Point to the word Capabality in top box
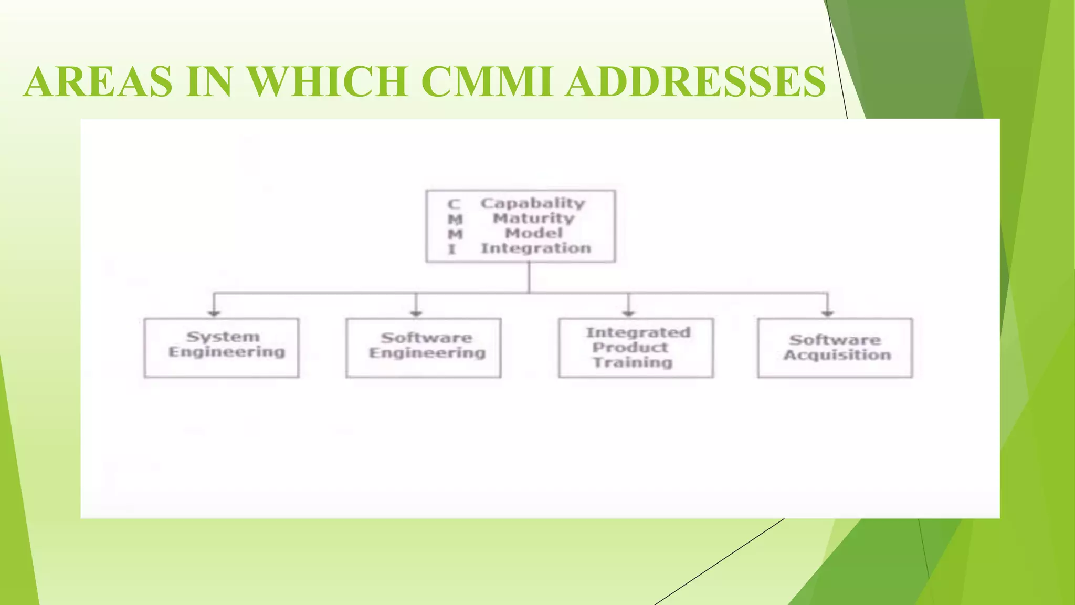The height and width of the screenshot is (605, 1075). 532,203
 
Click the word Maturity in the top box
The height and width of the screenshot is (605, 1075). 533,218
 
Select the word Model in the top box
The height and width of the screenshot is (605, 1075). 533,233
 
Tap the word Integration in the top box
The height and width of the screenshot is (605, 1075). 536,248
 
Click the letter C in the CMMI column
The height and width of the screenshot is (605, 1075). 454,204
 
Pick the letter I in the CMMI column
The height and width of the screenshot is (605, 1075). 452,249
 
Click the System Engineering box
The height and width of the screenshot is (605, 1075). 222,348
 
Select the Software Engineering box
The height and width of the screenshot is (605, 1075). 423,348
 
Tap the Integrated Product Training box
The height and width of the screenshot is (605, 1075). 636,348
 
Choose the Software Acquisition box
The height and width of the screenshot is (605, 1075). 835,348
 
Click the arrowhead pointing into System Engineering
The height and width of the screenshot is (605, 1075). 214,313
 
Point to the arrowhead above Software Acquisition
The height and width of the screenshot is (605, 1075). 828,313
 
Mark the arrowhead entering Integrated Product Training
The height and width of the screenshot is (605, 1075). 628,313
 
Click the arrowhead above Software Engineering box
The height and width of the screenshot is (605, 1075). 416,313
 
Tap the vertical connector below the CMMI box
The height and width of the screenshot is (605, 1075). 529,277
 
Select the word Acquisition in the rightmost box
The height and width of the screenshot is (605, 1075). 837,356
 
